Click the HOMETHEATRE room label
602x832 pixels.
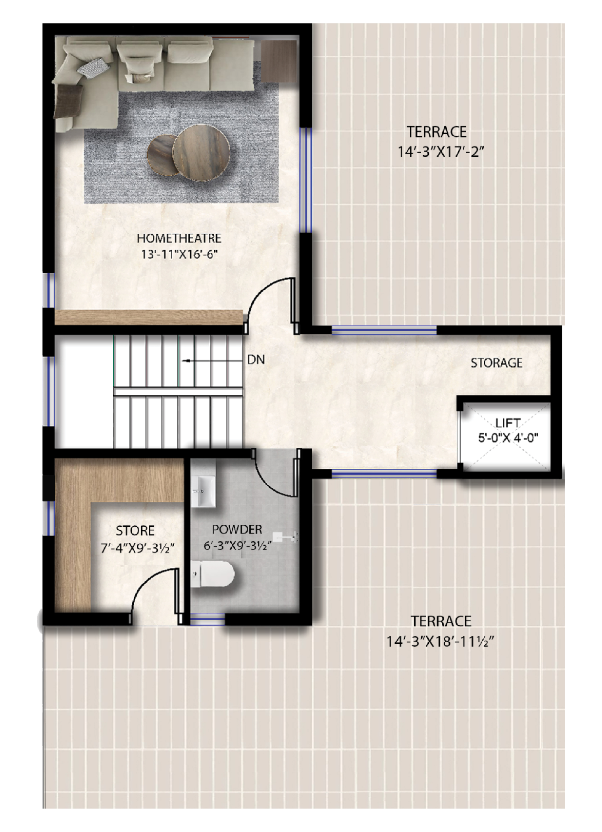pos(179,238)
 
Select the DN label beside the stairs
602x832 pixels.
pos(256,360)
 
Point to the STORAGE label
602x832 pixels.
pos(496,363)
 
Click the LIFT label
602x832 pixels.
pos(508,423)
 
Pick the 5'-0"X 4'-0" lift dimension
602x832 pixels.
pos(508,438)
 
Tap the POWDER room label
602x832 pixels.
pos(237,530)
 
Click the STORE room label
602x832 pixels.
pos(135,531)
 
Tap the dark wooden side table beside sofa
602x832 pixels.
pos(278,61)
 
